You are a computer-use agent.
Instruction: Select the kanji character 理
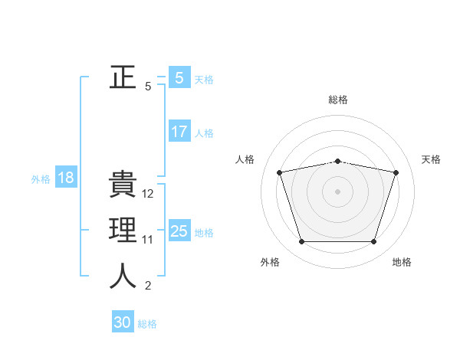[x=123, y=231]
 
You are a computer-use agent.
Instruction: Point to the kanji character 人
[x=123, y=276]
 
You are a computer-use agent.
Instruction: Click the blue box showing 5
[x=179, y=77]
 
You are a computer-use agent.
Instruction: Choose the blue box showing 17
[x=179, y=132]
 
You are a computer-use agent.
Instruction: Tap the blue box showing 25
[x=179, y=231]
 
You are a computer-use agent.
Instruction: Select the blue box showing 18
[x=65, y=178]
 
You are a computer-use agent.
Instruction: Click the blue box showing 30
[x=123, y=322]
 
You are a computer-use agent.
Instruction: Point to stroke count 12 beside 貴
[x=148, y=194]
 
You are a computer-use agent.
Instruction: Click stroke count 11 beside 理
[x=148, y=240]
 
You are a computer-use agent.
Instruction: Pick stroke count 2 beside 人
[x=148, y=286]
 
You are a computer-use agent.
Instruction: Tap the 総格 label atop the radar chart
[x=338, y=100]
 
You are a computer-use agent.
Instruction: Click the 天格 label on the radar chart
[x=431, y=159]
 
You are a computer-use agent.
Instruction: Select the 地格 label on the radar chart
[x=402, y=262]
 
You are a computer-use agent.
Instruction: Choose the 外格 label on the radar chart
[x=270, y=262]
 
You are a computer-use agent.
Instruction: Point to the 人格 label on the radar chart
[x=245, y=159]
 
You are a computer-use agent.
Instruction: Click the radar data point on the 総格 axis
[x=338, y=161]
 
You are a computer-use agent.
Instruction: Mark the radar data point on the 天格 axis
[x=396, y=172]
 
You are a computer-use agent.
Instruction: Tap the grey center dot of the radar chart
[x=338, y=191]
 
